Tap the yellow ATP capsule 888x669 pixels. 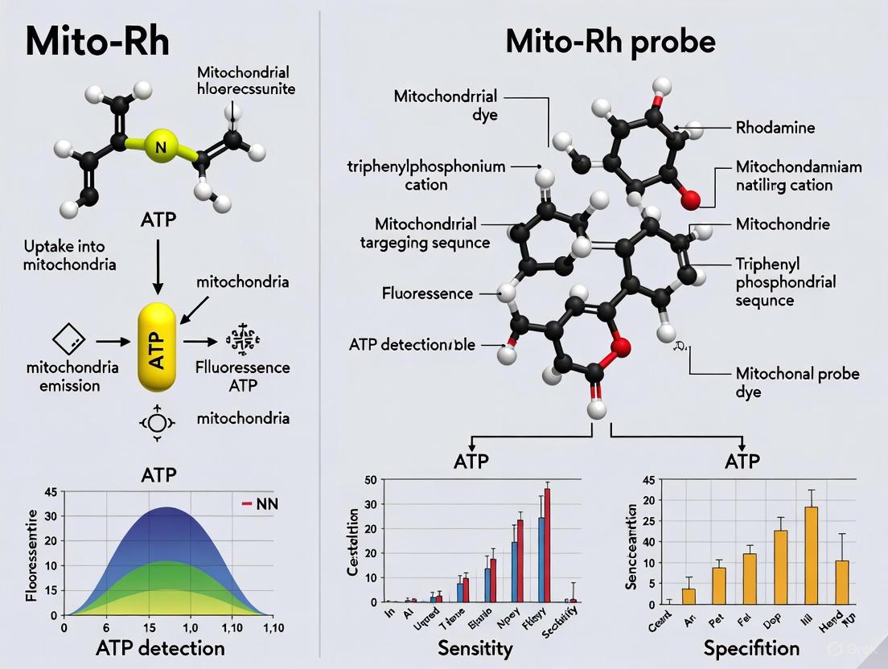(157, 347)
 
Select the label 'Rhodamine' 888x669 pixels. (775, 127)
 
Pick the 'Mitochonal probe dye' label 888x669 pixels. (797, 382)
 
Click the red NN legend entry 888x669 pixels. (259, 504)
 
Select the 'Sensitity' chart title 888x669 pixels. (475, 648)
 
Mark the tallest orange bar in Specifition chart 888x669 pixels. (811, 555)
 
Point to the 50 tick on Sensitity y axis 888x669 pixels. (371, 481)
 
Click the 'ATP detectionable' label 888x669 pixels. (412, 345)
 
